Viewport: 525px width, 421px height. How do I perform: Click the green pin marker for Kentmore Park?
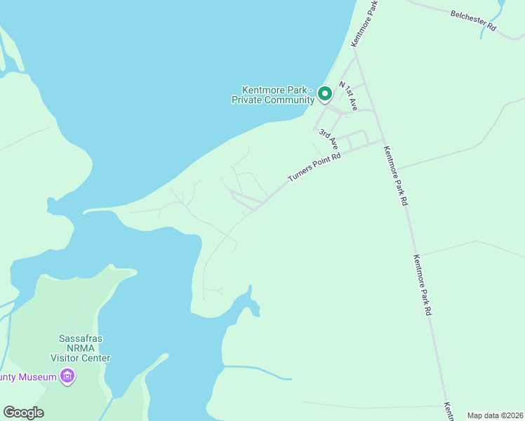[x=324, y=93]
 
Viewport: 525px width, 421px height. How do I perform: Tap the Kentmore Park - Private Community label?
[x=273, y=95]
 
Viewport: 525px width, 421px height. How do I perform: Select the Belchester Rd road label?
[x=473, y=19]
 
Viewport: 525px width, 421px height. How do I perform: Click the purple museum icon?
[x=67, y=377]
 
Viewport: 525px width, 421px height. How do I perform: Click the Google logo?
[x=23, y=413]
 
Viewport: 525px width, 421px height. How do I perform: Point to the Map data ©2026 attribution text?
[x=494, y=415]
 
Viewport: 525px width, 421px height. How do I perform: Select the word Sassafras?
[x=80, y=338]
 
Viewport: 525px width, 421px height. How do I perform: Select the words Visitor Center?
[x=80, y=358]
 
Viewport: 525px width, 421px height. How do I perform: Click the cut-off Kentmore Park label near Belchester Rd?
[x=365, y=23]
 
